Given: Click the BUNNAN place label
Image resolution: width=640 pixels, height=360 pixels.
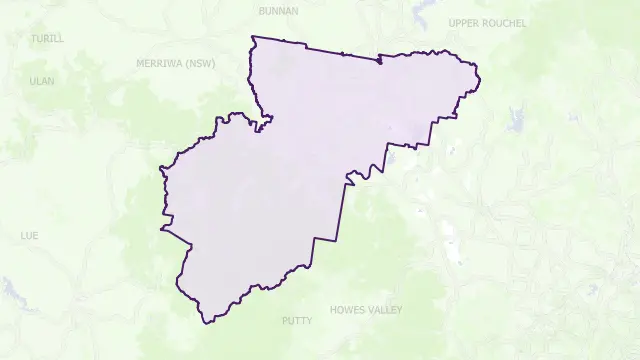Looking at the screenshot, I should click(278, 11).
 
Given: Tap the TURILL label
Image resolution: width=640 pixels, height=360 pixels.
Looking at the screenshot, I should click(47, 38).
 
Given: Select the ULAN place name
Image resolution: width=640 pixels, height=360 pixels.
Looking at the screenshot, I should click(42, 81).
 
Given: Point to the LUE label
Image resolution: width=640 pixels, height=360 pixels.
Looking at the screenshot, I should click(29, 236).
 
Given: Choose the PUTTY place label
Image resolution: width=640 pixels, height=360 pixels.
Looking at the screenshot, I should click(297, 321).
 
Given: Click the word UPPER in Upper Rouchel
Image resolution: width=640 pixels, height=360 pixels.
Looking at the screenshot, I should click(466, 23).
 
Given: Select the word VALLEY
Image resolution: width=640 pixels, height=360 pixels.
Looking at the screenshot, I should click(385, 310).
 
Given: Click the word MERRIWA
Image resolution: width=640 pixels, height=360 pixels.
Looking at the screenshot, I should click(160, 63).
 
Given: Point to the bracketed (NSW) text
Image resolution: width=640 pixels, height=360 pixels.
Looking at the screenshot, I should click(201, 63).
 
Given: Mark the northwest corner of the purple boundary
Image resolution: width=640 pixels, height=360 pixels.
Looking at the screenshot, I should click(253, 37).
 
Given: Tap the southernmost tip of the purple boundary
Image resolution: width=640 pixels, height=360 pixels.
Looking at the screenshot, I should click(206, 322).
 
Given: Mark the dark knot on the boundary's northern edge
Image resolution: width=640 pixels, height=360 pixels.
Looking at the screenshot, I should click(379, 62).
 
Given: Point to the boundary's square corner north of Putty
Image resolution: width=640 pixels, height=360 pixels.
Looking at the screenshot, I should click(314, 239).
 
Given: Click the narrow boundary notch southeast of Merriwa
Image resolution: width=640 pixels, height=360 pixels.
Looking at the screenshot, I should click(262, 125).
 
